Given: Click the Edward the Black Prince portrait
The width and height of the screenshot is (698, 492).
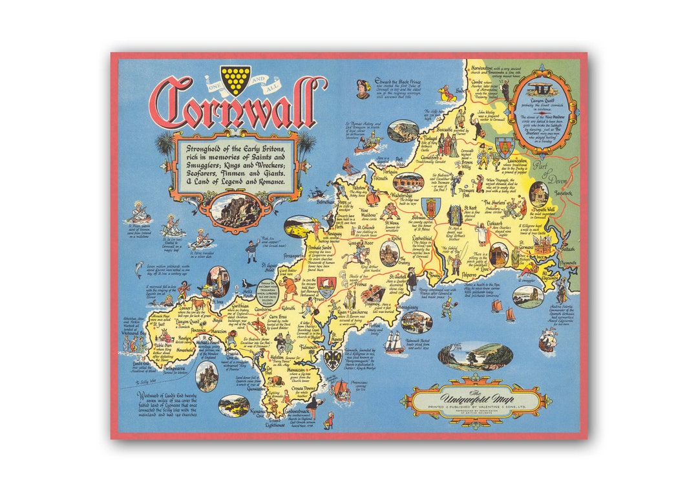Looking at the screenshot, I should (364, 85).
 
